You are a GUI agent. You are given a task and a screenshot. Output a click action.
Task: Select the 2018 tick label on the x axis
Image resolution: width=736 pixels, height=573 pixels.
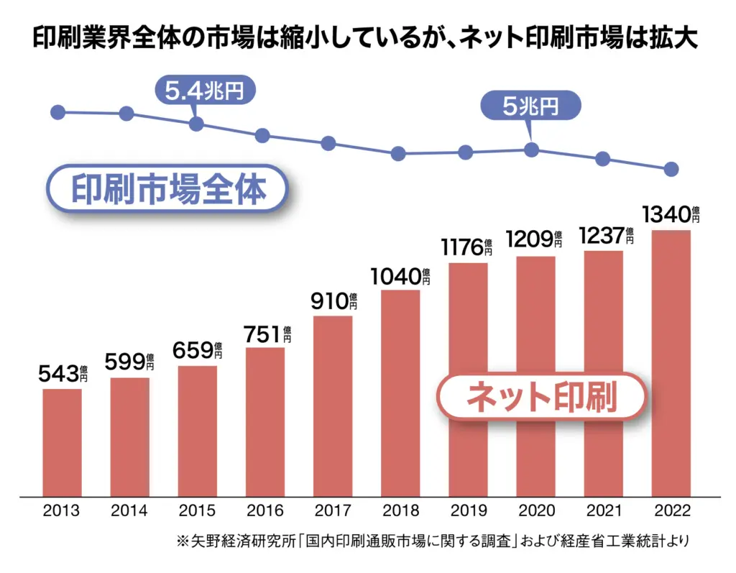pos(400,511)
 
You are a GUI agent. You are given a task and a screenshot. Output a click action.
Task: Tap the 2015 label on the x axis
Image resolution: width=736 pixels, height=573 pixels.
pos(197,511)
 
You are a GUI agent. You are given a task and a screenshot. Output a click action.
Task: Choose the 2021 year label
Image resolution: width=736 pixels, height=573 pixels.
pos(603,511)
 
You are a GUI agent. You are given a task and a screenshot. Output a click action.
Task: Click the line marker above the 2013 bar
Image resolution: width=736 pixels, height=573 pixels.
pos(59,112)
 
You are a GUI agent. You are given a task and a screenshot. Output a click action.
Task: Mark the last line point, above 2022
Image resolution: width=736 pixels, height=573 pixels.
pos(671,169)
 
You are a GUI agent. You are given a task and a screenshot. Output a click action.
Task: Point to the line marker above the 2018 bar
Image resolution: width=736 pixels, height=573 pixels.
pos(398,154)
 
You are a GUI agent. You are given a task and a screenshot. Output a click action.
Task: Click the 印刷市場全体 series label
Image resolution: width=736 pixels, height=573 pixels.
pos(168,189)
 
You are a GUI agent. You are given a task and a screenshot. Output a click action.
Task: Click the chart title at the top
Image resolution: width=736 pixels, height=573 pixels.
pos(367,38)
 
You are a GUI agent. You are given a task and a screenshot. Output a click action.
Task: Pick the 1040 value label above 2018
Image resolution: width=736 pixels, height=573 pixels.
pos(398,277)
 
